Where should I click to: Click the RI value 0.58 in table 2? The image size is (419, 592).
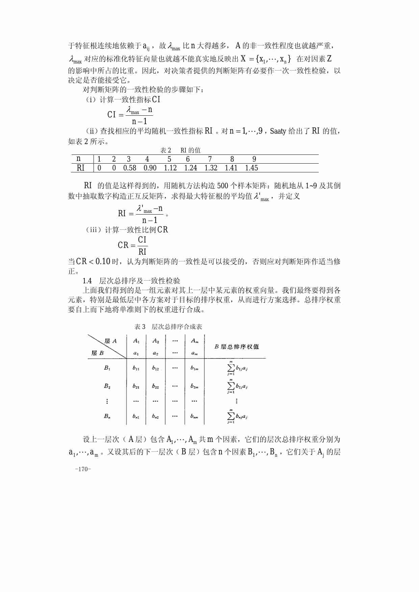(130, 168)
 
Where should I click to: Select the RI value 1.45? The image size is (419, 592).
(252, 168)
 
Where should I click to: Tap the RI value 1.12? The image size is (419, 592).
(171, 168)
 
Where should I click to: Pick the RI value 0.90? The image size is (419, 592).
(150, 168)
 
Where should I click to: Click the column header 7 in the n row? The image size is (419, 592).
(210, 159)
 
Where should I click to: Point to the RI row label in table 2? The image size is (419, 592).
(81, 168)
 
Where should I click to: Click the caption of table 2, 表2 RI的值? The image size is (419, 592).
(180, 150)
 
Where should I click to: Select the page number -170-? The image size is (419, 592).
(83, 469)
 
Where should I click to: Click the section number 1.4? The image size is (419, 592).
(87, 281)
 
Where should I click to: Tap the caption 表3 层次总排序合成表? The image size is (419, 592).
(168, 327)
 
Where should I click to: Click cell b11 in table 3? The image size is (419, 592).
(136, 368)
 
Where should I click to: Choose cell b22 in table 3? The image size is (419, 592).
(155, 386)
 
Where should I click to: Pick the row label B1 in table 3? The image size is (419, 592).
(107, 368)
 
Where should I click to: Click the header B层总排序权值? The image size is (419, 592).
(237, 347)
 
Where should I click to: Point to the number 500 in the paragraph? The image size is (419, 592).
(223, 186)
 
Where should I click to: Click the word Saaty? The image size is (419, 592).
(278, 131)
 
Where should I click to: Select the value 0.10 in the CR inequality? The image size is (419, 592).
(103, 261)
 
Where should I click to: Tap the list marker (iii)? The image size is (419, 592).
(94, 230)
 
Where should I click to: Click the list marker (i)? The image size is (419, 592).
(91, 100)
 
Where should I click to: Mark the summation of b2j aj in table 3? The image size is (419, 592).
(237, 386)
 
